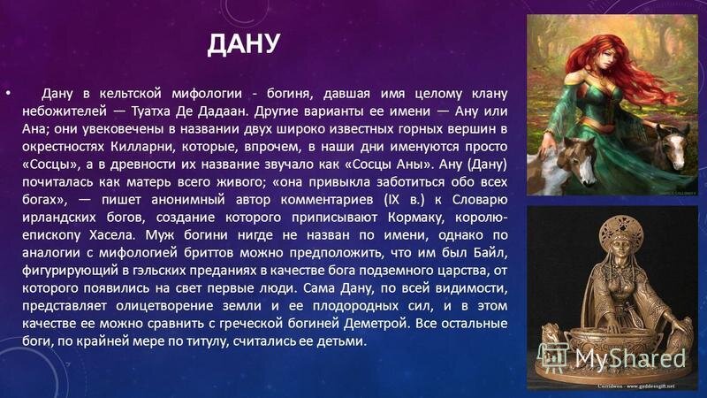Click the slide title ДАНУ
pos(244,43)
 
